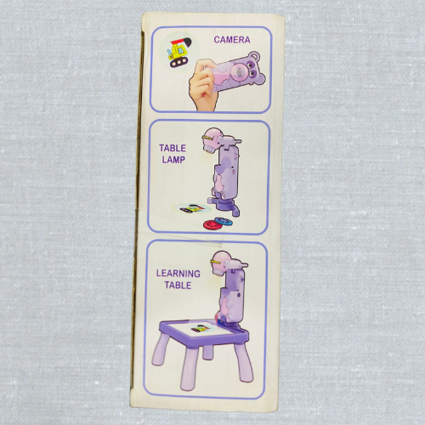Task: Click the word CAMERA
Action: [x=232, y=40]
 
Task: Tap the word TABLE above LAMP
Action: [x=173, y=148]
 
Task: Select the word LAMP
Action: [x=173, y=160]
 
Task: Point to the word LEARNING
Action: [x=178, y=274]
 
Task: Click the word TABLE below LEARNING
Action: [x=178, y=285]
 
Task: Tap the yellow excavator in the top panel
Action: [x=179, y=53]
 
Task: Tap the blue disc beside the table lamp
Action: [x=224, y=220]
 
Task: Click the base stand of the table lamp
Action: [x=226, y=207]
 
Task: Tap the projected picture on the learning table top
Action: [x=200, y=329]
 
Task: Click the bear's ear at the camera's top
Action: [x=254, y=56]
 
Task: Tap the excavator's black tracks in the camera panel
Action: [x=178, y=62]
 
